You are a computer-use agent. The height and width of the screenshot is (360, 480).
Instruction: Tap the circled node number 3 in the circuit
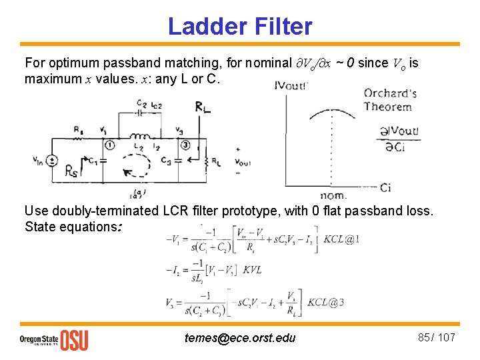click(x=185, y=145)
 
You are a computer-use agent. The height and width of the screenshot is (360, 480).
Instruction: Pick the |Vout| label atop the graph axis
click(x=292, y=85)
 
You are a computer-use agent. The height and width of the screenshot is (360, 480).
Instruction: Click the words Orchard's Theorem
click(x=388, y=99)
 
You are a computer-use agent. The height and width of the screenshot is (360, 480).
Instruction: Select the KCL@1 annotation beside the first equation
click(x=342, y=239)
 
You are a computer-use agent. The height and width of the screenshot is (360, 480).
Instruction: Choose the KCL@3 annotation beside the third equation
click(x=326, y=302)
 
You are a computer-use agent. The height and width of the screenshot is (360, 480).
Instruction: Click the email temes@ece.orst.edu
click(x=240, y=338)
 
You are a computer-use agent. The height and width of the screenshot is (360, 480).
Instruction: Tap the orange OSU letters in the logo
click(x=74, y=339)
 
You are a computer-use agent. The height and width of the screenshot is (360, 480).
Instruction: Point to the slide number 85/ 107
click(x=436, y=337)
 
